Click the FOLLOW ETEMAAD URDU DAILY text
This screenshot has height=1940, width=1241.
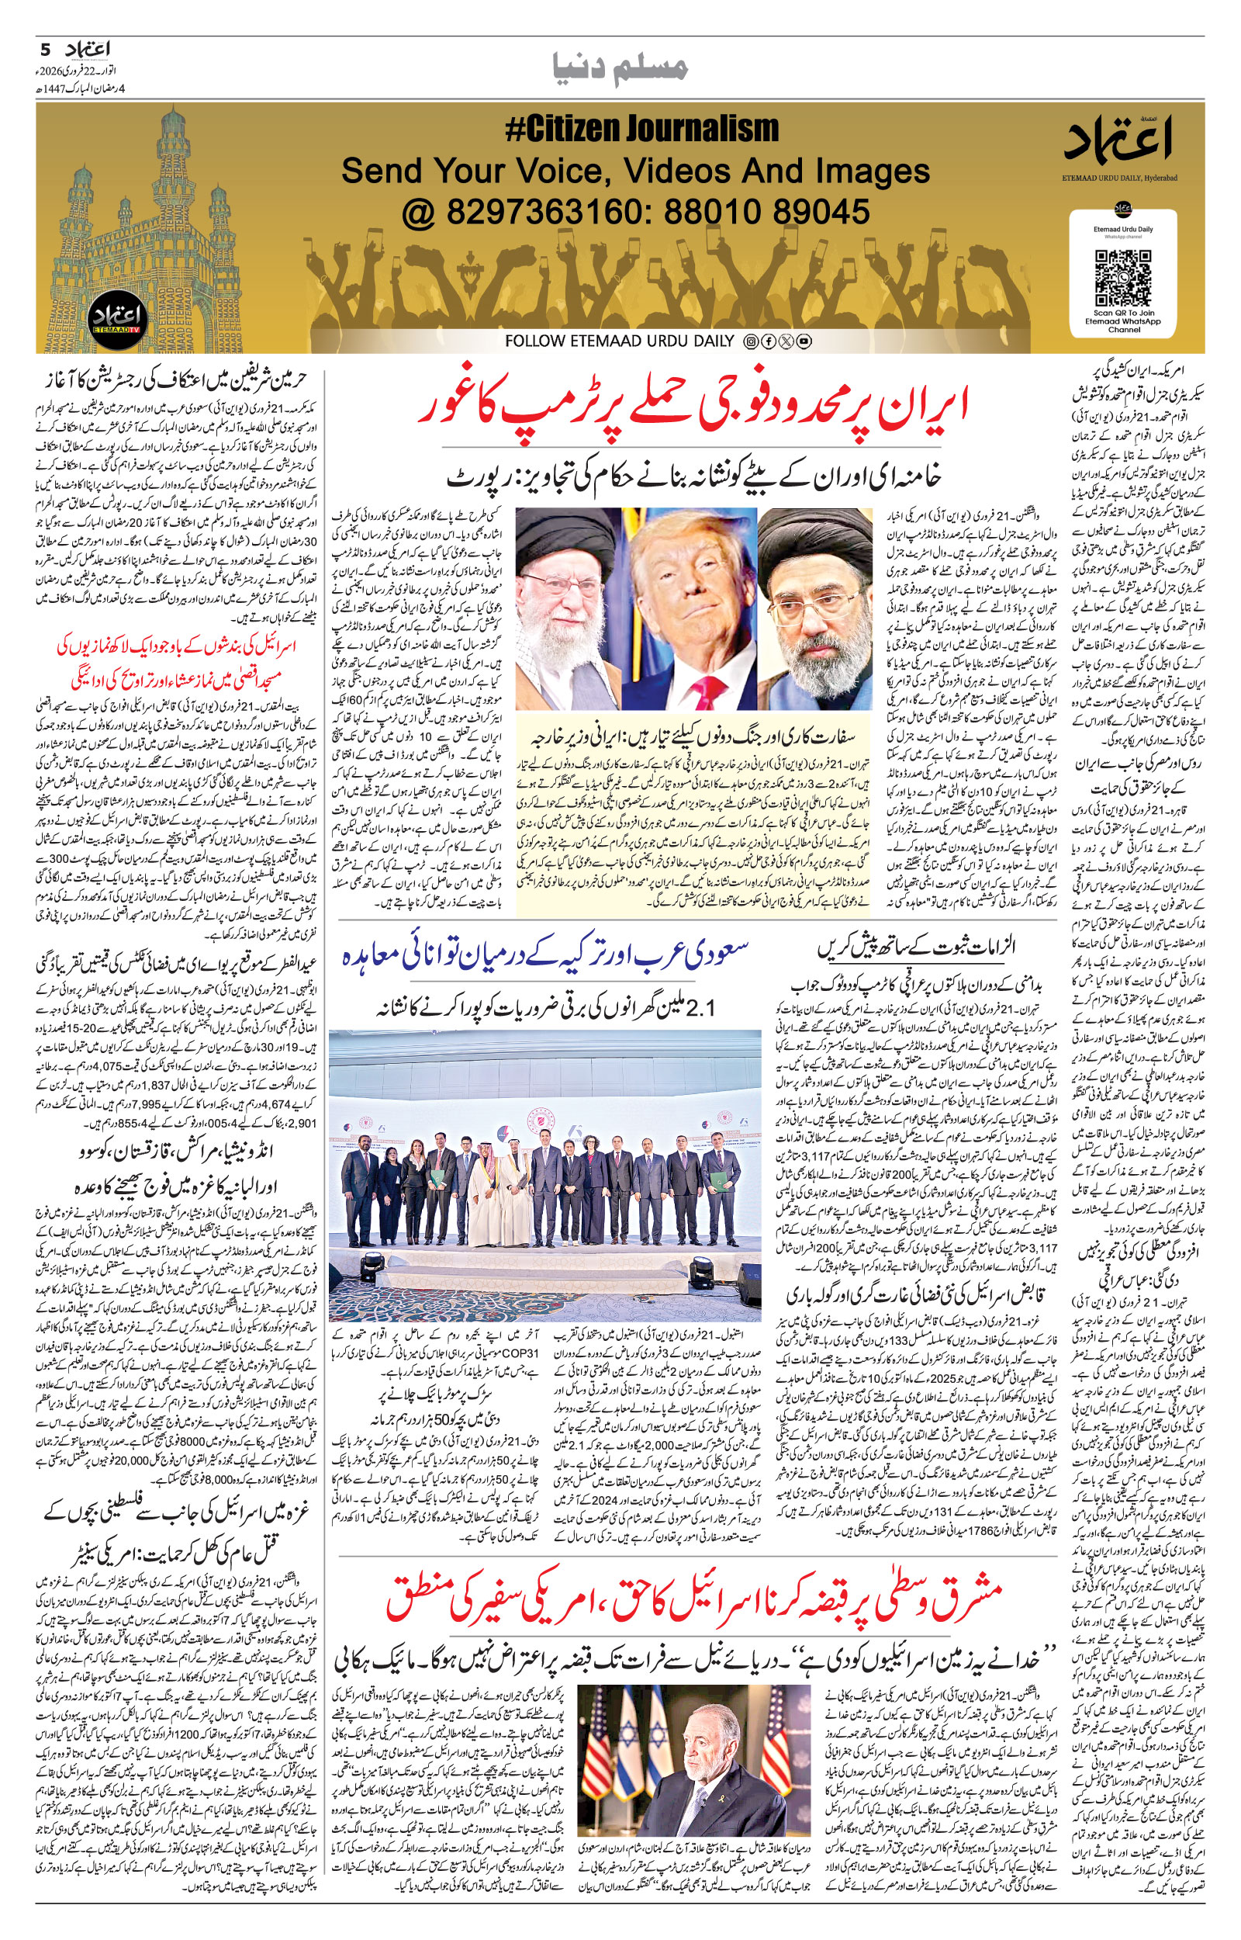(x=620, y=341)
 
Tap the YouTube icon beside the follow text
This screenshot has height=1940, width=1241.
(x=804, y=341)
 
